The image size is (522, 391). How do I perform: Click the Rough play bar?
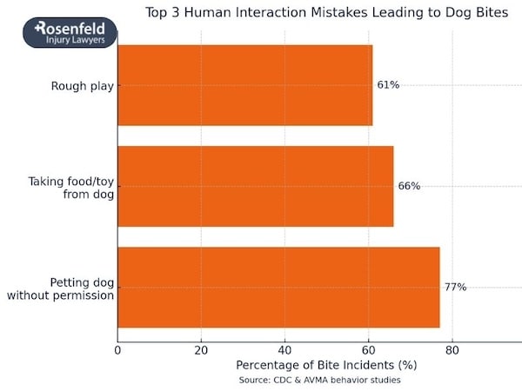click(244, 85)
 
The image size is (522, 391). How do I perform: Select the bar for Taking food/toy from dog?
click(255, 186)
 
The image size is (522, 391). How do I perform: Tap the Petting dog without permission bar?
click(278, 287)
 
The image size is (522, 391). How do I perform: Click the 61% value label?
click(388, 85)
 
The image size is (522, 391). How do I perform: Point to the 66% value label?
click(409, 186)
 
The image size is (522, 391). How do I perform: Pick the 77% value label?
click(455, 287)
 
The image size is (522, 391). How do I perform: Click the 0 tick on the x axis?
click(117, 350)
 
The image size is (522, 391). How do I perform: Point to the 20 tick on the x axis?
click(201, 350)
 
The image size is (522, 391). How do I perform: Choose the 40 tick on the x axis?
click(284, 350)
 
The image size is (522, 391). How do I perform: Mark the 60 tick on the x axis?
click(368, 350)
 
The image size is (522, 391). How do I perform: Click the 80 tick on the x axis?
click(452, 350)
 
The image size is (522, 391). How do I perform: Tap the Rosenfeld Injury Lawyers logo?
click(70, 34)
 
